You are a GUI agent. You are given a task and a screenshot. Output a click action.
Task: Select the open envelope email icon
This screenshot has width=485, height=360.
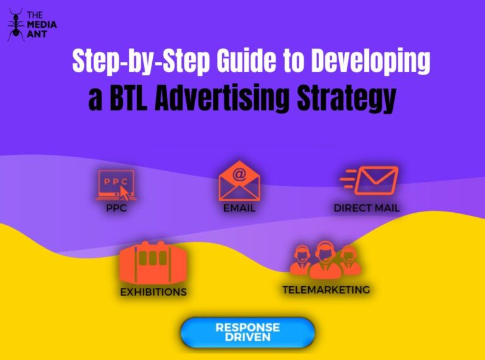click(239, 182)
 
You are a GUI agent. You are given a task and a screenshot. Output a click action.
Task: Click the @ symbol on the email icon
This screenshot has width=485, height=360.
click(239, 172)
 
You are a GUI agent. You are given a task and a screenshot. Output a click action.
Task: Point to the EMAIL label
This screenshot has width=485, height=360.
click(239, 208)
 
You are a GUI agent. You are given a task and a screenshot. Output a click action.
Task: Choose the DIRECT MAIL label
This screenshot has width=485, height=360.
click(366, 208)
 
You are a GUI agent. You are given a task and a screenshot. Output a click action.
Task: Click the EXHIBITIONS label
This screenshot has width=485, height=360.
click(153, 292)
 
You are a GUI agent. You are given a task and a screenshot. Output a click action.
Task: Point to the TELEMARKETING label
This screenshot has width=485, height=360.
click(326, 290)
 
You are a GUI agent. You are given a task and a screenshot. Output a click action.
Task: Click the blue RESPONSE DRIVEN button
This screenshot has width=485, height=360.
click(248, 332)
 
